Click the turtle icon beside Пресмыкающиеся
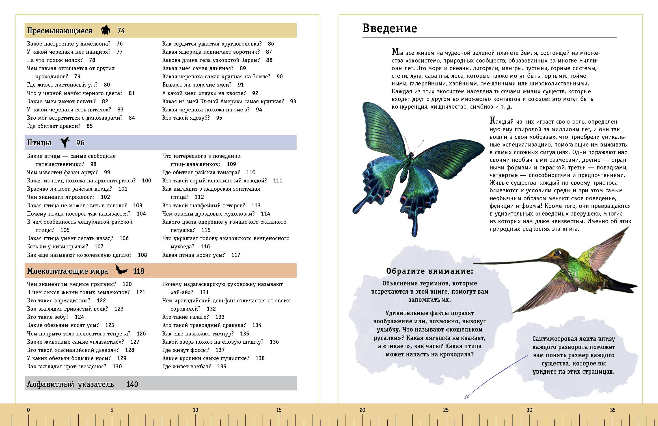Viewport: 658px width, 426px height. [105, 30]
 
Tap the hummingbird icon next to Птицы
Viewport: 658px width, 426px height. [64, 142]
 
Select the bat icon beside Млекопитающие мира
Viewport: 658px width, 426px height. [122, 270]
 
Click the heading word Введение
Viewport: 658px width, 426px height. [389, 29]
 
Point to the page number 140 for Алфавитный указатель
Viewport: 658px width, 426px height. [132, 384]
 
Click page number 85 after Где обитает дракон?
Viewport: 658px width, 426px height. [90, 126]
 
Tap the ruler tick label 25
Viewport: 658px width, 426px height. [446, 410]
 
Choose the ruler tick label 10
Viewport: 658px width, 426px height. [195, 410]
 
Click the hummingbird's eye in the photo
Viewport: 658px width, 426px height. [558, 252]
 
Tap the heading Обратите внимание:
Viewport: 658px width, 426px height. [430, 271]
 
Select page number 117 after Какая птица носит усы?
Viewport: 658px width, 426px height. [236, 255]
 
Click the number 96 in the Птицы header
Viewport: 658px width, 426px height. [80, 143]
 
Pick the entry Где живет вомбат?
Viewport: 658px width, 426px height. [187, 367]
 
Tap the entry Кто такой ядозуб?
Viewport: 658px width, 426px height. [186, 118]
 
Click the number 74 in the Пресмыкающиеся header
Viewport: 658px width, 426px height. [121, 31]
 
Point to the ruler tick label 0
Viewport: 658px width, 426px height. [28, 410]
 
